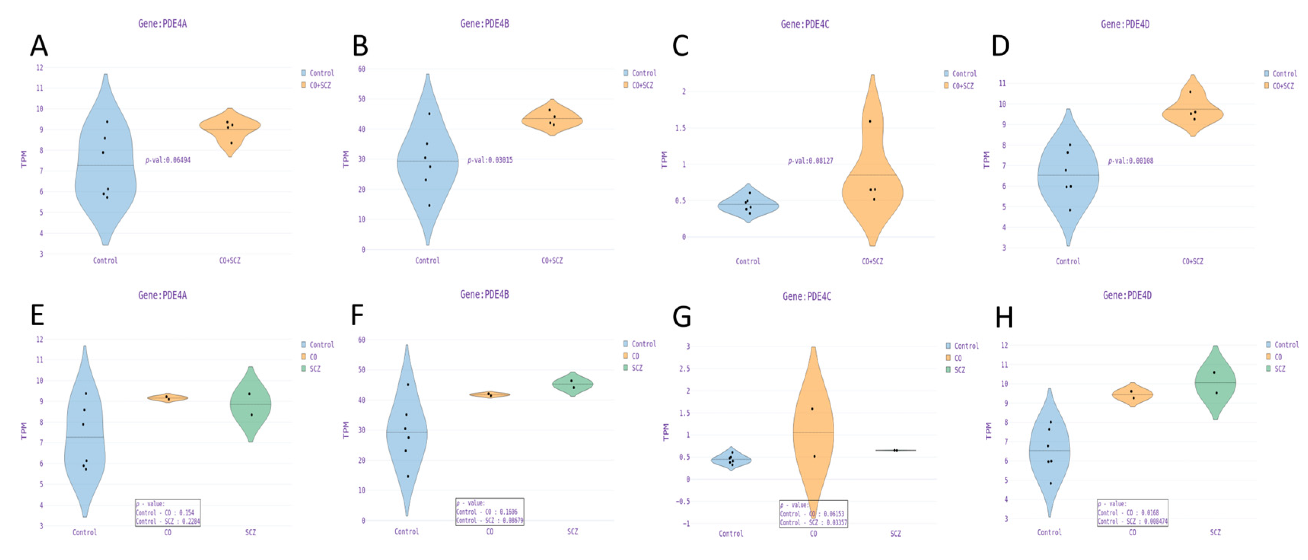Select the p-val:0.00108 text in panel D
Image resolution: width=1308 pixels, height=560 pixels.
coord(1130,161)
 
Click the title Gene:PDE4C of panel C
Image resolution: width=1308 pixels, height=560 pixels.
coord(805,24)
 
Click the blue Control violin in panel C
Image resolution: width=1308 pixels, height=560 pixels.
coord(748,205)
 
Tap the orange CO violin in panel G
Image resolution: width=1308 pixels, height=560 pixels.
coord(813,431)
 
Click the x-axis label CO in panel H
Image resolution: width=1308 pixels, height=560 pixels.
coord(1132,532)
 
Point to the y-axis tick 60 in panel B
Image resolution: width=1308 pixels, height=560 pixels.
coord(361,69)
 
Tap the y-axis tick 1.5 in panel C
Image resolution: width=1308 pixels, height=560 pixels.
coord(680,128)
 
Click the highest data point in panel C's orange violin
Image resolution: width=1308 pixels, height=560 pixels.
coord(870,121)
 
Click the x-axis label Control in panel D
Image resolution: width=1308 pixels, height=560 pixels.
coord(1068,261)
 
